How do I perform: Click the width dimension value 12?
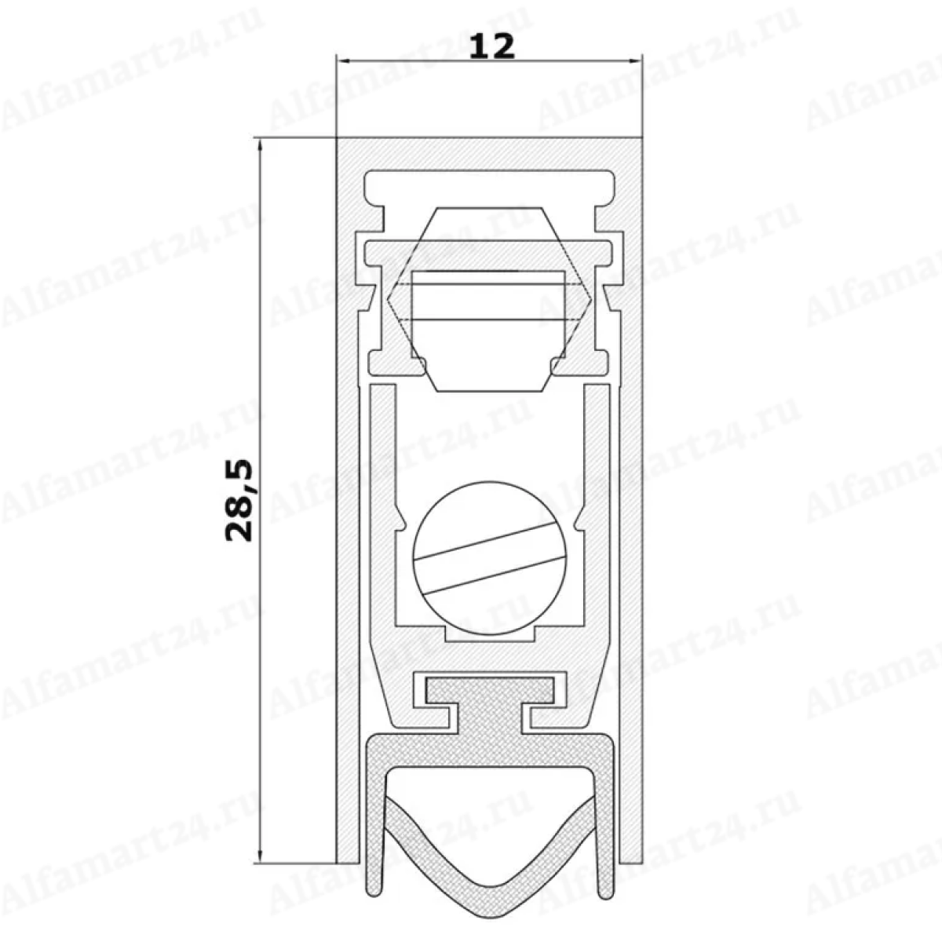pyautogui.click(x=491, y=47)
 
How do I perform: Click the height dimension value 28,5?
pyautogui.click(x=239, y=501)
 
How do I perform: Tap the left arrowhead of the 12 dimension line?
pyautogui.click(x=344, y=61)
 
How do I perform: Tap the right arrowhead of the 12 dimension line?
pyautogui.click(x=634, y=61)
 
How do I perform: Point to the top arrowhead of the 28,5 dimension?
pyautogui.click(x=260, y=147)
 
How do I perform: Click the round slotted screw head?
pyautogui.click(x=490, y=559)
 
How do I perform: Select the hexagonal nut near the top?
pyautogui.click(x=490, y=299)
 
